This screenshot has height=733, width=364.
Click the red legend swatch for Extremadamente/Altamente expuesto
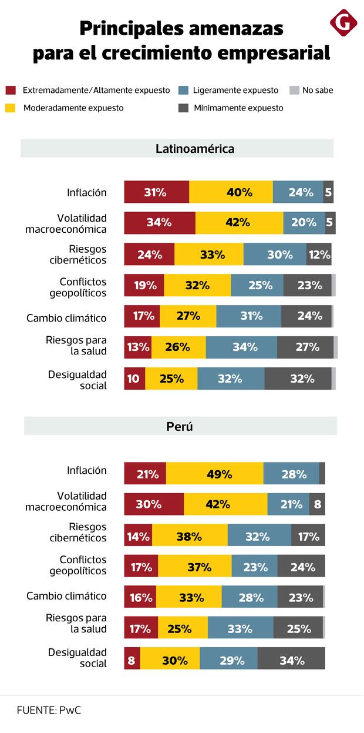[11, 91]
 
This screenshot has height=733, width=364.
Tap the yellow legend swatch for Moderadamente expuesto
[11, 108]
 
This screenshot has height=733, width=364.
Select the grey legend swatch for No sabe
[294, 91]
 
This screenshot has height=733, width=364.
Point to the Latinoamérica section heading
[194, 149]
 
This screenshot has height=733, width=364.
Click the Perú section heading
[180, 427]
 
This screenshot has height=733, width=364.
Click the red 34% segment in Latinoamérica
[159, 223]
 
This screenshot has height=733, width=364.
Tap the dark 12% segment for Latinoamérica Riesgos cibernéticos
[319, 255]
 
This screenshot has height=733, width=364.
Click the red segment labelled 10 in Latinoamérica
[134, 379]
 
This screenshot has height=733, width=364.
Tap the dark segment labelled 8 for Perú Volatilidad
[317, 504]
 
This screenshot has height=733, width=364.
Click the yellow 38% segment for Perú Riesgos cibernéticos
[189, 535]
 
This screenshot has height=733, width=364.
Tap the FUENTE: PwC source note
[49, 710]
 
